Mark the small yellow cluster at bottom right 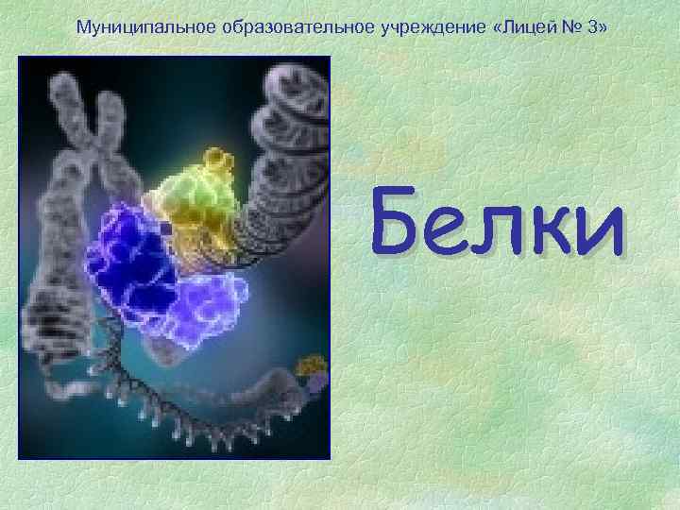point(311,367)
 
